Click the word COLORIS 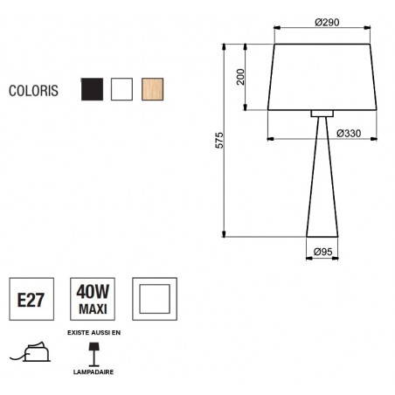[34, 90]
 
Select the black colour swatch [92, 89]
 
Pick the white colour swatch [121, 89]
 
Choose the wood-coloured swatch [152, 89]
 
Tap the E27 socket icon [32, 301]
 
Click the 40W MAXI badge [93, 301]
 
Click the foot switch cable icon [32, 352]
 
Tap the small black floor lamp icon [93, 353]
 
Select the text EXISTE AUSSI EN [93, 334]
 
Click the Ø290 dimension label [327, 23]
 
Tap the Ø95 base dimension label [324, 253]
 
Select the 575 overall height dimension [220, 142]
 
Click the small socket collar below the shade [322, 114]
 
